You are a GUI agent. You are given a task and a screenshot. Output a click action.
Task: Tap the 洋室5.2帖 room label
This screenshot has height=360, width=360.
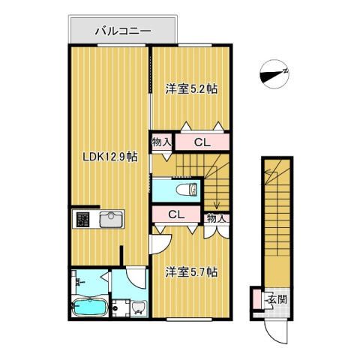click(191, 88)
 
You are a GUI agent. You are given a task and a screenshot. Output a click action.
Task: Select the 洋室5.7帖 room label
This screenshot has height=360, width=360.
click(191, 271)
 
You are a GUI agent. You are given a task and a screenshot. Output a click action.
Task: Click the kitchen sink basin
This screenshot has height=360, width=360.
click(110, 219)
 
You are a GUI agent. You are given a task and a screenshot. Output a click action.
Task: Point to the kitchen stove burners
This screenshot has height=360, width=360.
click(82, 219)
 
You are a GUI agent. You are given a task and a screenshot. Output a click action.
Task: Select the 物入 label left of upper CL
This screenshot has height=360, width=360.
click(160, 140)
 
